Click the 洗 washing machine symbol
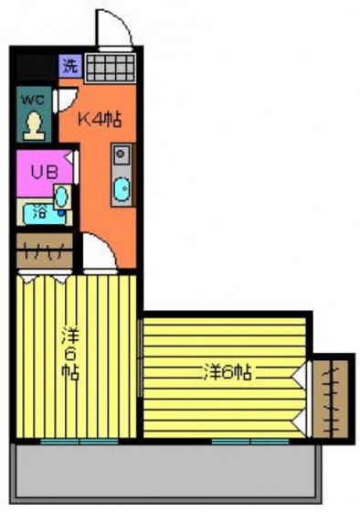(70, 65)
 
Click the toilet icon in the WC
(35, 123)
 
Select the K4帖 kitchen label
(99, 120)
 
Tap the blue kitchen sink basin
(121, 190)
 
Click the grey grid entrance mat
(109, 67)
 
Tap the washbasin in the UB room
(61, 197)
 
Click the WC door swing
(65, 100)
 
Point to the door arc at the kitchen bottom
(98, 251)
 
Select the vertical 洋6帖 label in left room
(69, 352)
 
